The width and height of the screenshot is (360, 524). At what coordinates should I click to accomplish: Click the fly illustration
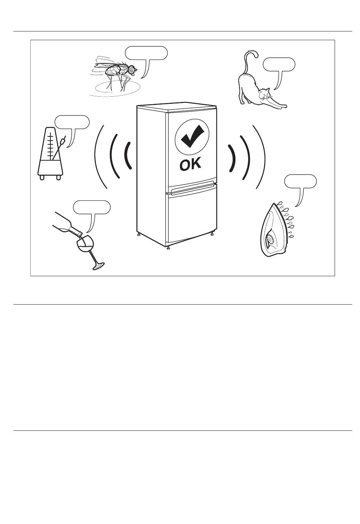point(114,75)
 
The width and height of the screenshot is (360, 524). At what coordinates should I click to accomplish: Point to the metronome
point(50,153)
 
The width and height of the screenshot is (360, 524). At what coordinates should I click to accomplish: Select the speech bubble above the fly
point(146,53)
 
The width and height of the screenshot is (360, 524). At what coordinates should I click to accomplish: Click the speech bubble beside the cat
point(279,64)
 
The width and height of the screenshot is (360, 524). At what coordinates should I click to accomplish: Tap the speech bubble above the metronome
point(72,122)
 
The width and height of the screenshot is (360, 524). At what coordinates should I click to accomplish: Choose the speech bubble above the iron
point(301,181)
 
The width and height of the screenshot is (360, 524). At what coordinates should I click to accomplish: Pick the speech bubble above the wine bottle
point(92,207)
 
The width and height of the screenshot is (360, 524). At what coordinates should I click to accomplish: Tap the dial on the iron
point(271,240)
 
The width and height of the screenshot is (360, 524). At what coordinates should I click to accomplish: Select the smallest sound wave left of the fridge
point(128,156)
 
